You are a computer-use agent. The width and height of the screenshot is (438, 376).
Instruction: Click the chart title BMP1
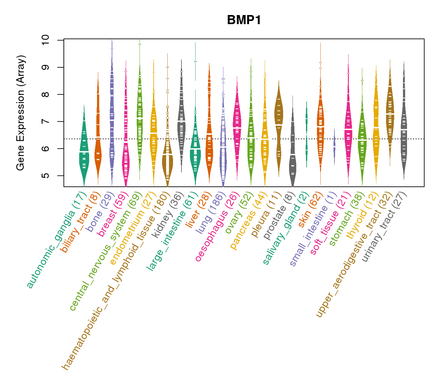(244, 20)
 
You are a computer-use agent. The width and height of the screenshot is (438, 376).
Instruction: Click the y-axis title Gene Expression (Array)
(21, 113)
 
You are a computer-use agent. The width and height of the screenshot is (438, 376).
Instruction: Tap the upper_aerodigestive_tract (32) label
(354, 255)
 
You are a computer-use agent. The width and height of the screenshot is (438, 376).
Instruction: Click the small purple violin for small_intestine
(334, 146)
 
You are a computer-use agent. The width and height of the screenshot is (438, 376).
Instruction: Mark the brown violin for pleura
(278, 125)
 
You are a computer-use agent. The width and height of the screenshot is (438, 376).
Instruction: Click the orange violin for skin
(320, 128)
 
